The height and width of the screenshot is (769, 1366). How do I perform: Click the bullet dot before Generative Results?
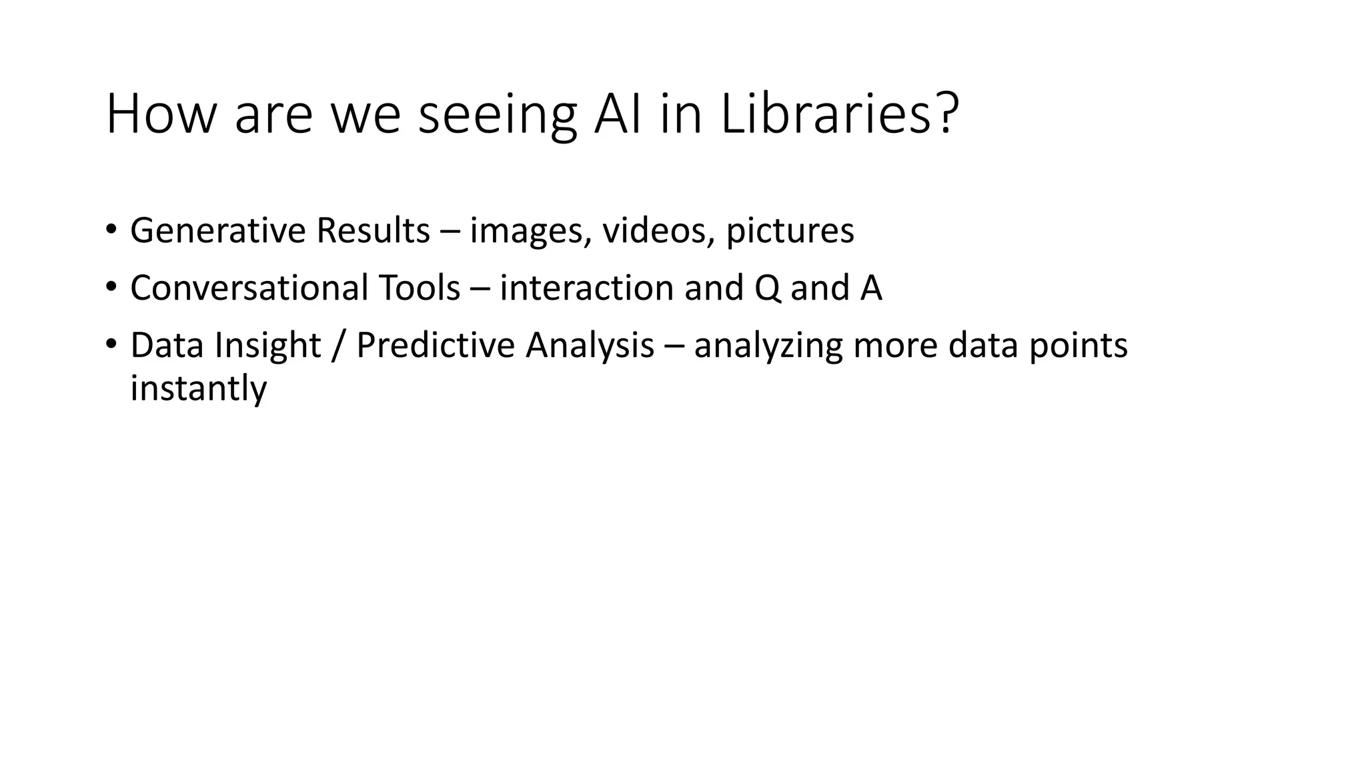(111, 230)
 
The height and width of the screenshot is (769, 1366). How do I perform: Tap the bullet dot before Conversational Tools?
(111, 288)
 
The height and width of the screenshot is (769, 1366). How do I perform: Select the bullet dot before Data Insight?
(111, 345)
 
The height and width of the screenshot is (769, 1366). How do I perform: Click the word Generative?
(217, 231)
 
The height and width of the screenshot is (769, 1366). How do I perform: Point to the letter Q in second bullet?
(768, 289)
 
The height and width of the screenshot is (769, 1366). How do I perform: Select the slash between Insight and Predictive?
(338, 346)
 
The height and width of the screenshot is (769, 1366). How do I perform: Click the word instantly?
(198, 389)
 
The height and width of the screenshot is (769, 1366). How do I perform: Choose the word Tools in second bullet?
(420, 288)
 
